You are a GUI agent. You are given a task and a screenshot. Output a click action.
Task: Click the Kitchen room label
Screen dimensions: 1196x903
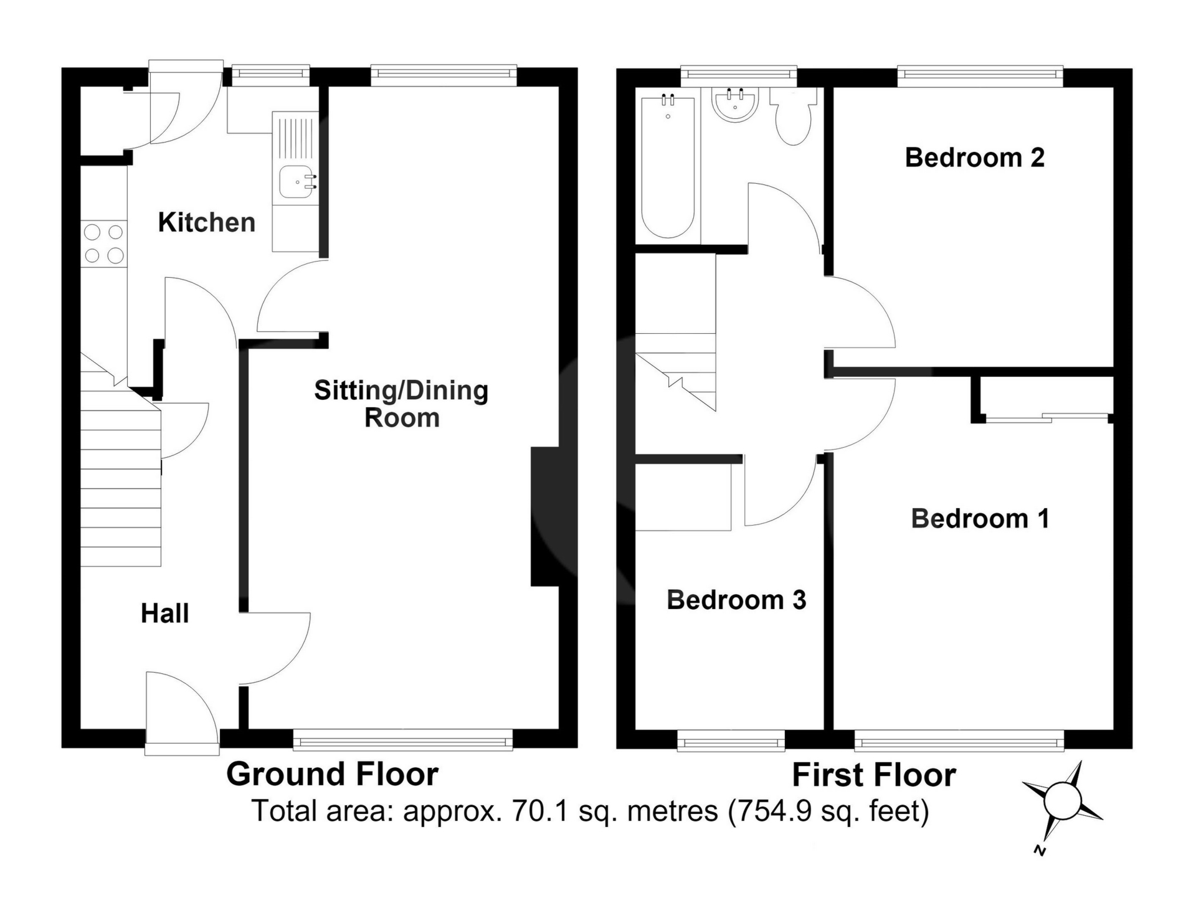tap(207, 222)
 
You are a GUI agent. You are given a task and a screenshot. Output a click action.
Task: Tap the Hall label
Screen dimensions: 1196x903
tap(164, 613)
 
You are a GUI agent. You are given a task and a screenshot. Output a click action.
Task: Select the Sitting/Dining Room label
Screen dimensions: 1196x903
tap(401, 404)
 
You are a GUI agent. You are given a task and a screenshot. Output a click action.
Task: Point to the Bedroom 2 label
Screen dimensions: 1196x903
tap(974, 158)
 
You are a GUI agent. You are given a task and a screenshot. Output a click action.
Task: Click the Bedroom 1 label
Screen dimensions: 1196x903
tap(980, 519)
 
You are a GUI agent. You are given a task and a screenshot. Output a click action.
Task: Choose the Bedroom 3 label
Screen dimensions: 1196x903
tap(736, 600)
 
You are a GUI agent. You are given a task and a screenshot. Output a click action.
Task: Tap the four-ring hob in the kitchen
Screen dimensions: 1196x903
tap(104, 244)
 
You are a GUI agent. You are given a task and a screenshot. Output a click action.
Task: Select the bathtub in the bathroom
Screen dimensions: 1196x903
tap(668, 167)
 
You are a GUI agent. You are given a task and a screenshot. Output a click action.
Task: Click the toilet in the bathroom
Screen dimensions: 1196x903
tap(793, 116)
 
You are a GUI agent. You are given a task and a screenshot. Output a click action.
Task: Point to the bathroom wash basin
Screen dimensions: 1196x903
tap(736, 105)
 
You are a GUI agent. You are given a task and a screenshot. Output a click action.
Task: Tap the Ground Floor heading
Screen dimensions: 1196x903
tap(332, 774)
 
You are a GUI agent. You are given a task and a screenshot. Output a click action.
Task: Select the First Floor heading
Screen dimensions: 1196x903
tap(873, 775)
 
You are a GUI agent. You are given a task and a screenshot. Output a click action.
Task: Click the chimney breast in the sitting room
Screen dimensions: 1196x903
tap(546, 516)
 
